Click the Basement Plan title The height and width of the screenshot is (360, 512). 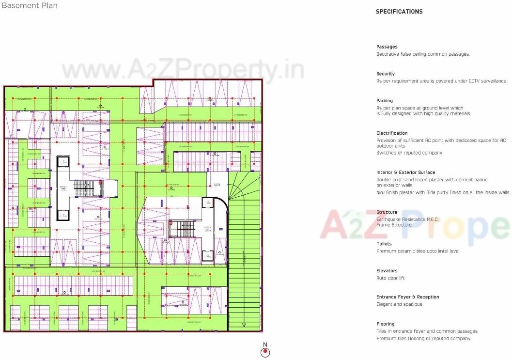30,6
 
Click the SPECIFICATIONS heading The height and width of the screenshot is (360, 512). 399,12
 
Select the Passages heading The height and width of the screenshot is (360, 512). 387,47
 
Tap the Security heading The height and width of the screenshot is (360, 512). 386,74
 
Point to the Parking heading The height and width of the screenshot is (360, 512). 385,101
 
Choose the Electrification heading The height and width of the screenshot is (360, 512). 392,133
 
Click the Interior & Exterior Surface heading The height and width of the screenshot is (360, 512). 405,172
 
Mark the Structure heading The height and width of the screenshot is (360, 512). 387,212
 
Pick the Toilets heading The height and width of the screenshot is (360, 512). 384,244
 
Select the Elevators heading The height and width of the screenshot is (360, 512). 387,271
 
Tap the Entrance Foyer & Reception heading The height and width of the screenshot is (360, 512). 408,297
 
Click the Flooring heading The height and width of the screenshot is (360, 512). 386,324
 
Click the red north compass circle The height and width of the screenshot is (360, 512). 265,353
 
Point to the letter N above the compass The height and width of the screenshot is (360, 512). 265,344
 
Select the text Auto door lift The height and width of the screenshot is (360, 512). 390,278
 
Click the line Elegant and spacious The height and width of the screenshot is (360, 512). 399,304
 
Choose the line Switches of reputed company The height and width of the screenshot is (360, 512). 409,153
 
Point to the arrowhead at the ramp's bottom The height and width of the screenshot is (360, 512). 245,325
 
